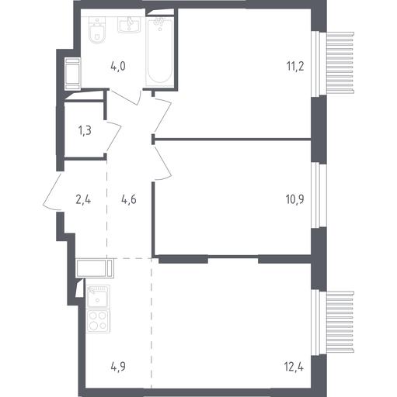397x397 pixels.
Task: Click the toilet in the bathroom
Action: pyautogui.click(x=97, y=30)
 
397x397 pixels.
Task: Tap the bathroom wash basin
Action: pyautogui.click(x=129, y=25)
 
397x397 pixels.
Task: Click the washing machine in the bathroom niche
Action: pyautogui.click(x=72, y=74)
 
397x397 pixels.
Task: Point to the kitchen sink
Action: pyautogui.click(x=99, y=297)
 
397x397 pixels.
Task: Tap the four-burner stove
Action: pyautogui.click(x=99, y=321)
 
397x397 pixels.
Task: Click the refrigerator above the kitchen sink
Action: pyautogui.click(x=95, y=268)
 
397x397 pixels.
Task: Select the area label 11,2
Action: pyautogui.click(x=295, y=67)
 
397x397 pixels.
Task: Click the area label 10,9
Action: pyautogui.click(x=295, y=199)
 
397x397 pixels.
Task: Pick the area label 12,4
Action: pyautogui.click(x=294, y=367)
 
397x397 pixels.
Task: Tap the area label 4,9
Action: pyautogui.click(x=118, y=367)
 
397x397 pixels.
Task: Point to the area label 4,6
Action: pyautogui.click(x=129, y=199)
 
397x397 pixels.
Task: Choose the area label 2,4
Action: pyautogui.click(x=83, y=199)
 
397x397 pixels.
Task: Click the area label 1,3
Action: pyautogui.click(x=85, y=131)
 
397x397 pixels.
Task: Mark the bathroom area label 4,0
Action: pyautogui.click(x=118, y=67)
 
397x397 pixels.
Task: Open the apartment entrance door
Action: pyautogui.click(x=53, y=191)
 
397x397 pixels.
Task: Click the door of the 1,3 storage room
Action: pyautogui.click(x=113, y=136)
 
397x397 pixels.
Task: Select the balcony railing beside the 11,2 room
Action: pyautogui.click(x=340, y=62)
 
